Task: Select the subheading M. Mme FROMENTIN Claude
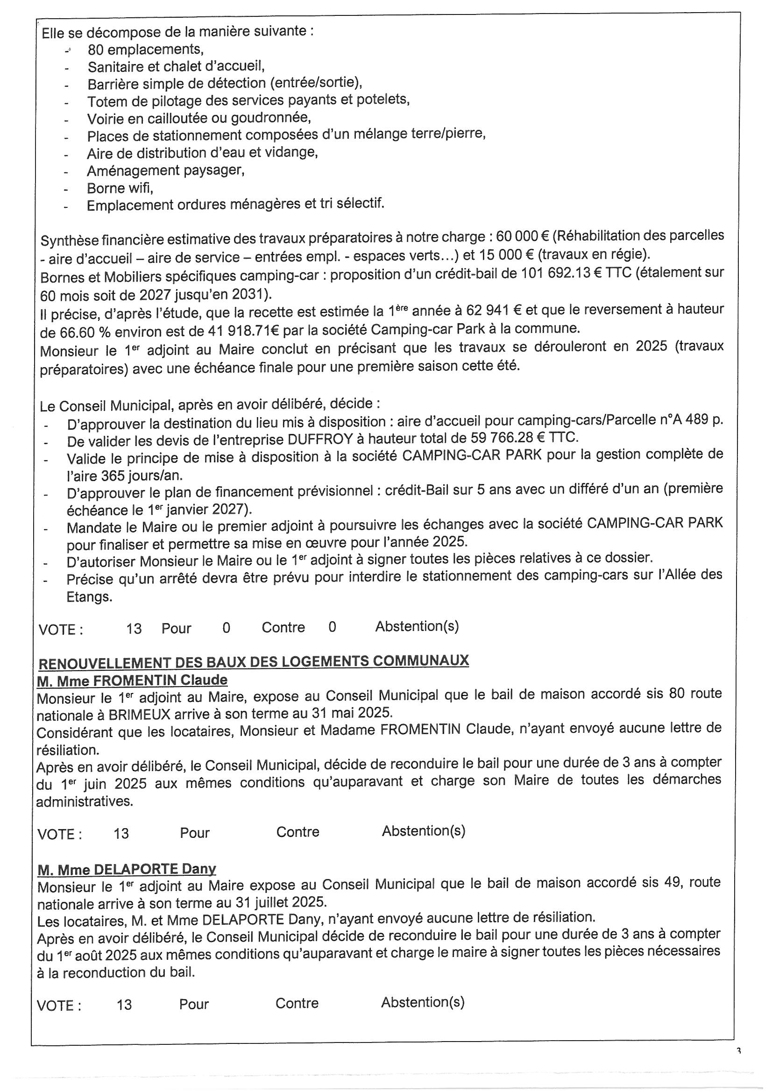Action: [x=132, y=680]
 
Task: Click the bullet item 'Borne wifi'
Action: [x=120, y=188]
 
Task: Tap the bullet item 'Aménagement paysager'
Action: [x=165, y=170]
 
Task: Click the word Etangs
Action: [x=89, y=597]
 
